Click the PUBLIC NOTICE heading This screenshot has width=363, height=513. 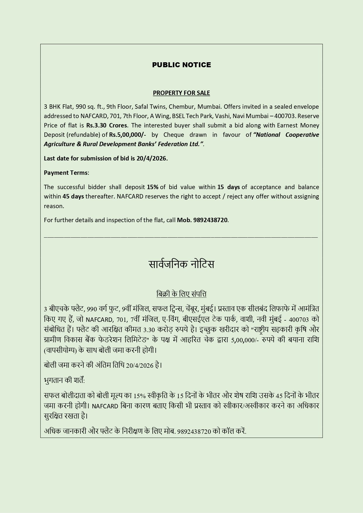181,65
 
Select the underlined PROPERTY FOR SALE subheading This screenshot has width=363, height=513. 181,93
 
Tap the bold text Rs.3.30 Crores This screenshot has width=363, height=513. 107,125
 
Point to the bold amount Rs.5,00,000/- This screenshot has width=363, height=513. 128,135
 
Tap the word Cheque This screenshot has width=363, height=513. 174,135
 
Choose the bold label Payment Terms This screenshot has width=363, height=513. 66,173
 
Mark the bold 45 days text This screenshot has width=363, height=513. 73,196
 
